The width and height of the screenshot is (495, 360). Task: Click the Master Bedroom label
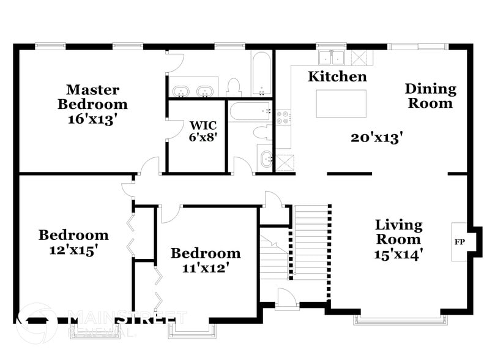pyautogui.click(x=92, y=97)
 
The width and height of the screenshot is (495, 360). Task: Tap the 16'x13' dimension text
pyautogui.click(x=92, y=119)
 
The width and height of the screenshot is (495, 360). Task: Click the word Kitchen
pyautogui.click(x=337, y=77)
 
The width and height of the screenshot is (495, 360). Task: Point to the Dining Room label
pyautogui.click(x=431, y=96)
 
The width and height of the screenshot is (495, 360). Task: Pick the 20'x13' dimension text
pyautogui.click(x=376, y=138)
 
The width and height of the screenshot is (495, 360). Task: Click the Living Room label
pyautogui.click(x=398, y=231)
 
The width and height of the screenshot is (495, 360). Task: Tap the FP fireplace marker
pyautogui.click(x=459, y=242)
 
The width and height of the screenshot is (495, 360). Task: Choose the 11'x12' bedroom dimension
pyautogui.click(x=206, y=268)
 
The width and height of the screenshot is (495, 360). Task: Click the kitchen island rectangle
pyautogui.click(x=341, y=103)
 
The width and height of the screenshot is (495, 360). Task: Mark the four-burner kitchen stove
pyautogui.click(x=283, y=118)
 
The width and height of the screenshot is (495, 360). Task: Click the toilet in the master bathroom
pyautogui.click(x=234, y=87)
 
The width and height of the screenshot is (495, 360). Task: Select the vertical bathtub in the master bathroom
pyautogui.click(x=261, y=73)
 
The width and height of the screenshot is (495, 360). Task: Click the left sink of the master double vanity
pyautogui.click(x=181, y=92)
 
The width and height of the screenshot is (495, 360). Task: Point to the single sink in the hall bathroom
pyautogui.click(x=267, y=159)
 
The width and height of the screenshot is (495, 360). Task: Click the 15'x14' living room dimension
pyautogui.click(x=398, y=253)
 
